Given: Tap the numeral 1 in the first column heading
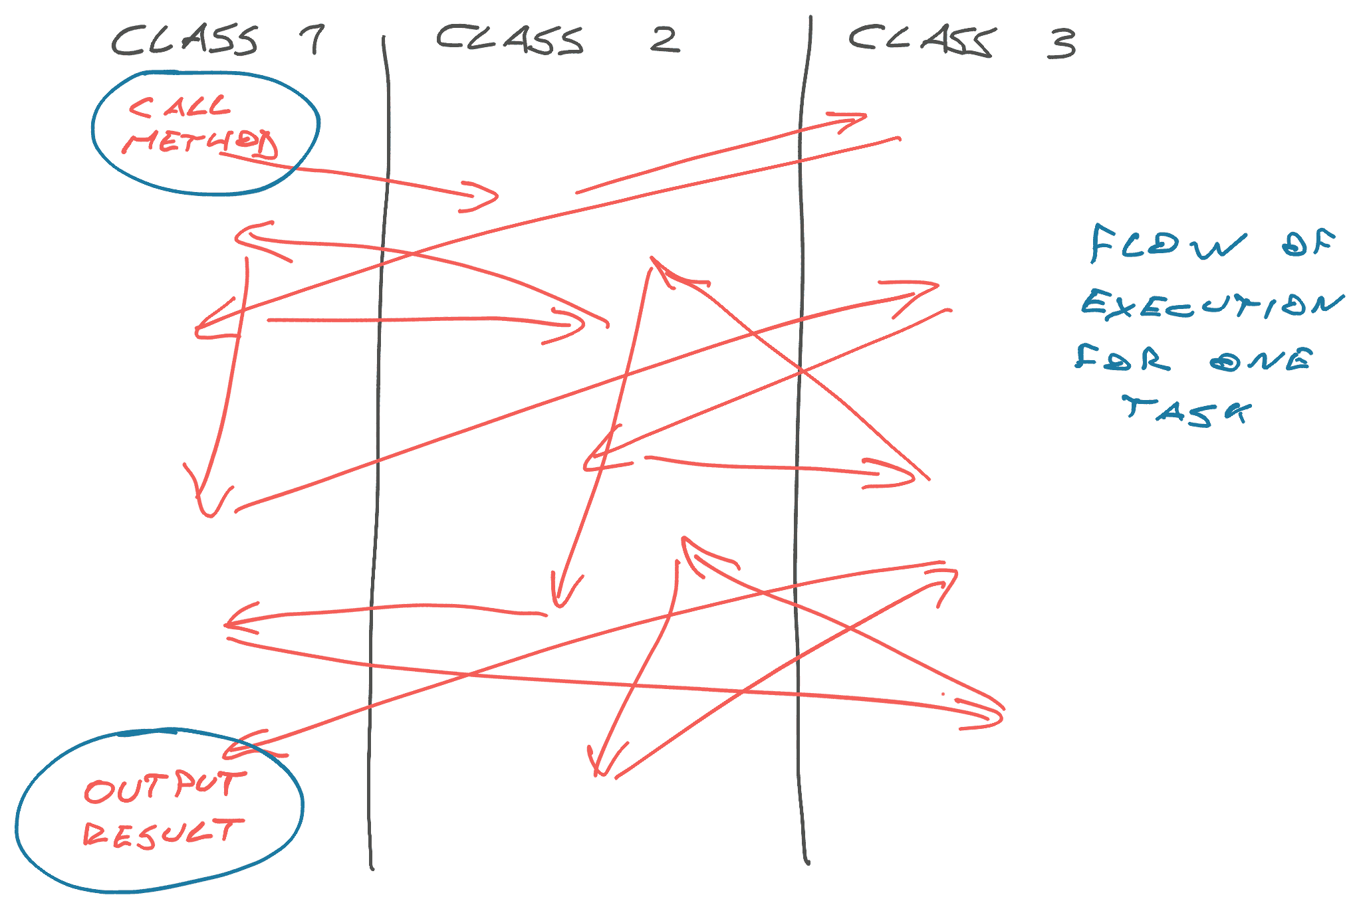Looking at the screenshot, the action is [312, 40].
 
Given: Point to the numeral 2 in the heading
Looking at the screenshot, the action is [664, 40].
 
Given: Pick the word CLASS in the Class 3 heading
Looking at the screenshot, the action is [923, 41].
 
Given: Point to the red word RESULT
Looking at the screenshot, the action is [164, 833].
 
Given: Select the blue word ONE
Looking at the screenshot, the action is [1261, 359].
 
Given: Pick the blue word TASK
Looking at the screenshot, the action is [1187, 411].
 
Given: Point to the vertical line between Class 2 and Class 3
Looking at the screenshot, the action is [801, 439].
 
